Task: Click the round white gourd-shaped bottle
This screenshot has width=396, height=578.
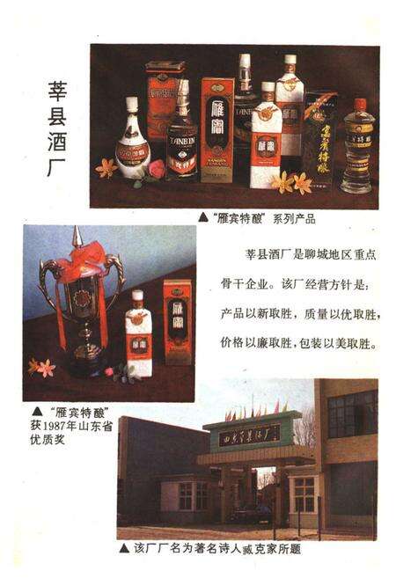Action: click(x=132, y=141)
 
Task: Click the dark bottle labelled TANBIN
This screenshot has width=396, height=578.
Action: click(x=182, y=134)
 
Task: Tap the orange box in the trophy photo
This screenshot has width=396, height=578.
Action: click(x=178, y=321)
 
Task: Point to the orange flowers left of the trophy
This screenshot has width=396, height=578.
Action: click(x=40, y=366)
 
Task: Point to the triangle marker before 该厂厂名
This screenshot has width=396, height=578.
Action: click(x=123, y=547)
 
